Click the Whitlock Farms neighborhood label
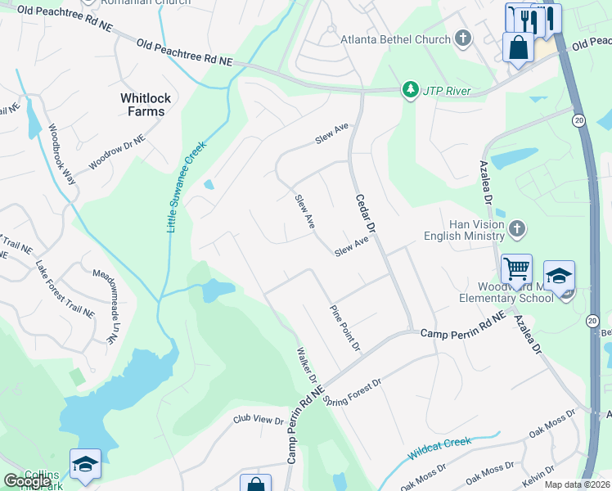(x=146, y=105)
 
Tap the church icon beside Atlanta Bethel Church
(x=463, y=38)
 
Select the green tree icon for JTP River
(x=409, y=90)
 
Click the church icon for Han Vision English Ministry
(x=516, y=230)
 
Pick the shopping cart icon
(x=516, y=268)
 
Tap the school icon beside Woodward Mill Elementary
(x=559, y=277)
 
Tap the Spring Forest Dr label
(x=353, y=392)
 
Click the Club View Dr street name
(x=258, y=421)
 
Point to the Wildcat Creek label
(x=439, y=448)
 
